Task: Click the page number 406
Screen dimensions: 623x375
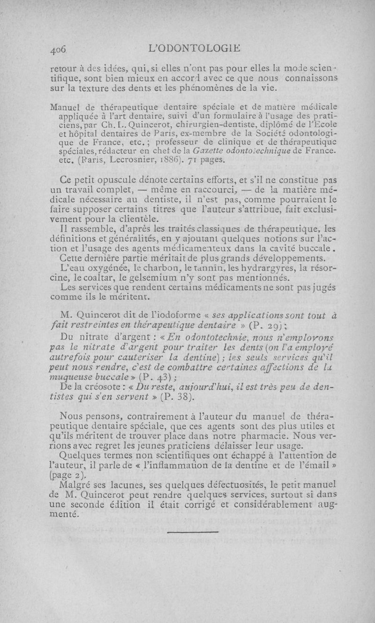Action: click(x=60, y=47)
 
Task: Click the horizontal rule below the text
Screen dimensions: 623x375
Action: click(x=193, y=532)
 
